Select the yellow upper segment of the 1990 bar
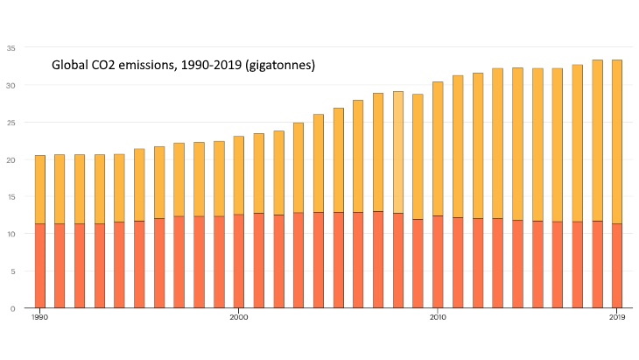[39, 189]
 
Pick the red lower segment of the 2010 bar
[438, 262]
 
